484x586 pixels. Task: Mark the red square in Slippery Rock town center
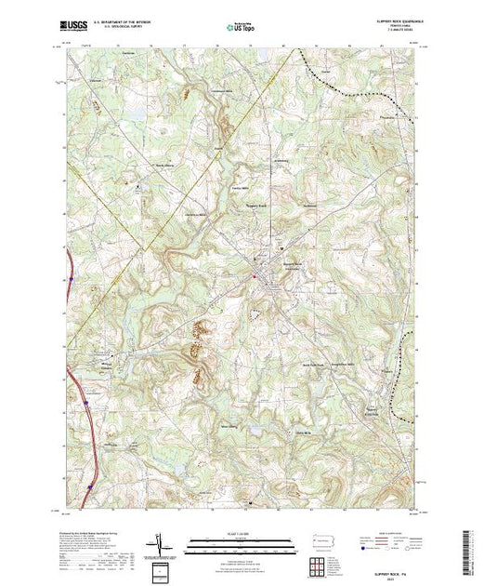click(x=255, y=276)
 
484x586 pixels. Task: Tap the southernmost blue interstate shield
click(x=90, y=486)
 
